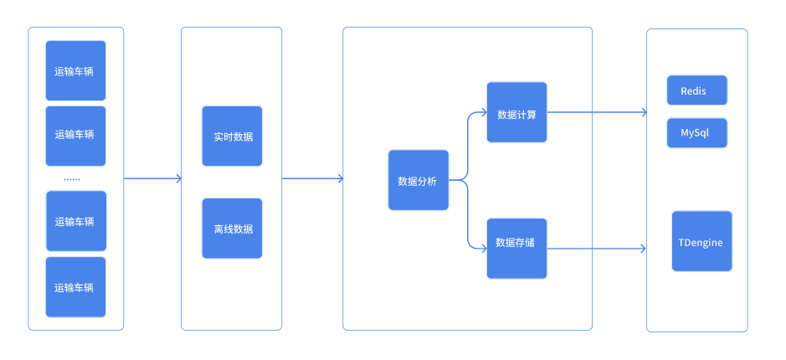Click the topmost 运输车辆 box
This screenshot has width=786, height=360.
tap(75, 71)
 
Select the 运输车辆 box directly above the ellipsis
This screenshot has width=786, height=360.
tap(75, 136)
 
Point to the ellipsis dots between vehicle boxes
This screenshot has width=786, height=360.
tap(72, 179)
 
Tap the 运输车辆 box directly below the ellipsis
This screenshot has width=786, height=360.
tap(75, 222)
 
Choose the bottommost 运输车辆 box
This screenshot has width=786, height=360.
tap(75, 287)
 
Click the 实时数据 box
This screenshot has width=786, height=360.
tap(232, 136)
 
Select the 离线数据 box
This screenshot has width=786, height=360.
tap(232, 229)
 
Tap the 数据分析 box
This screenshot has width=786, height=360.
tap(418, 180)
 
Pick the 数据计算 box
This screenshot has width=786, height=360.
tap(516, 113)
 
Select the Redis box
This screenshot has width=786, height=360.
tap(696, 90)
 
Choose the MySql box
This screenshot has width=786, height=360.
tap(696, 133)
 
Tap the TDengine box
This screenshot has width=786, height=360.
tap(701, 242)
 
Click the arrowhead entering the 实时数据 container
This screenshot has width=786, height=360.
tap(177, 178)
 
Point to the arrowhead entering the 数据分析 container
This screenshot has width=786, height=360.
tap(339, 178)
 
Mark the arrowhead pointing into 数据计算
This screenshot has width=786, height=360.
tap(483, 113)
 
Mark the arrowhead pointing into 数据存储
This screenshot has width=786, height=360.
tap(483, 249)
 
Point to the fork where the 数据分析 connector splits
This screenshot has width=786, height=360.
tap(466, 179)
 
